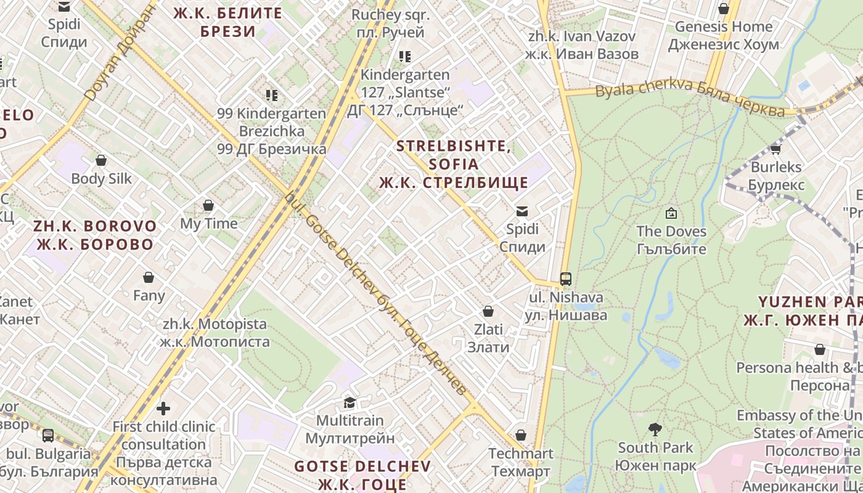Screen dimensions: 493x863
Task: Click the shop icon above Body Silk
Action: click(101, 160)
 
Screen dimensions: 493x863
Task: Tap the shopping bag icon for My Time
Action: click(208, 205)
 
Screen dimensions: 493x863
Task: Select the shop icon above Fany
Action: click(149, 277)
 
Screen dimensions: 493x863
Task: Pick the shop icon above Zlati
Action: click(488, 311)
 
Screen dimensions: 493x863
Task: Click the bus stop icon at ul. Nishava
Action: click(566, 279)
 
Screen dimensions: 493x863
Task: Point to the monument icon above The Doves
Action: click(671, 213)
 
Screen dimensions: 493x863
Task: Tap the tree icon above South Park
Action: click(655, 430)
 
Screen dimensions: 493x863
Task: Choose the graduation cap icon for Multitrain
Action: click(350, 402)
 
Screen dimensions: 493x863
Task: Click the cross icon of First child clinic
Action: click(163, 408)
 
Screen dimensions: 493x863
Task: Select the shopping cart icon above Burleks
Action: click(775, 149)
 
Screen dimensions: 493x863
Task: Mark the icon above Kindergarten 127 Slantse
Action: click(405, 57)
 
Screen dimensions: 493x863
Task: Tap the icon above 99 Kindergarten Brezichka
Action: click(272, 95)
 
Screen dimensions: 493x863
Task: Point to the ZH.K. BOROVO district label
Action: click(95, 235)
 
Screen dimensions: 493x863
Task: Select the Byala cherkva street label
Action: click(690, 98)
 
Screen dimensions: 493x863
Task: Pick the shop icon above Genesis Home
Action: click(724, 9)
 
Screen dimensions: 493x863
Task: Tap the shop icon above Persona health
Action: click(820, 349)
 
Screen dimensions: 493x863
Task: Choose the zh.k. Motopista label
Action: click(215, 332)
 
